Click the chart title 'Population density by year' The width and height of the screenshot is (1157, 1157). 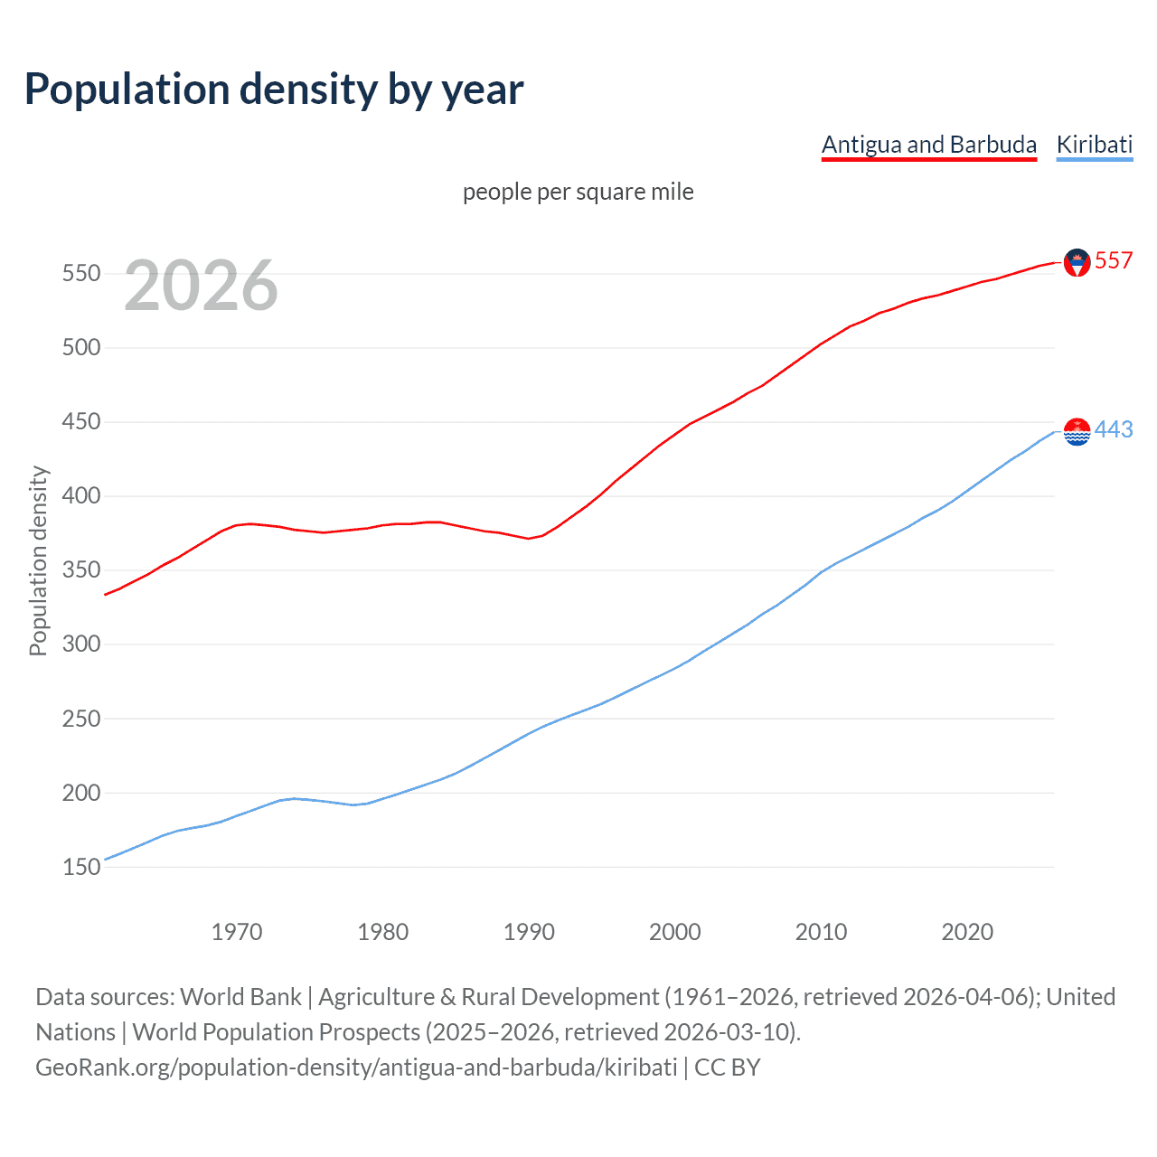274,89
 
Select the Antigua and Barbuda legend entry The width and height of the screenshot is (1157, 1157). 928,145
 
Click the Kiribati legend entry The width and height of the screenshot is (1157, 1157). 1094,145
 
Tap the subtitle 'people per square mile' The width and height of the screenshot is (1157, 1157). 578,192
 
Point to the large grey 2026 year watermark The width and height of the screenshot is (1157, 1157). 201,286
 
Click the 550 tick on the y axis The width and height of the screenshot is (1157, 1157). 81,273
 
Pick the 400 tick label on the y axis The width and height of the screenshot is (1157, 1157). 81,495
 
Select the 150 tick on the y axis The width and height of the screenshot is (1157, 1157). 81,867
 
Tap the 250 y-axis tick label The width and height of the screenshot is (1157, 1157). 81,719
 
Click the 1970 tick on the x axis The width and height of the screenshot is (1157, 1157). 237,932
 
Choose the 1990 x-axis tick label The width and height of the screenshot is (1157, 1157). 529,932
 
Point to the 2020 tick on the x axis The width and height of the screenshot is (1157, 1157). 967,932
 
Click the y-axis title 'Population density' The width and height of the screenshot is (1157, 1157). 38,560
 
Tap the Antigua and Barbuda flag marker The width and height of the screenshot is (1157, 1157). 1077,262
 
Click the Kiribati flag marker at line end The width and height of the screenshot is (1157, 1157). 1077,432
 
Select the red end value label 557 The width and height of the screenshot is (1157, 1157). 1114,260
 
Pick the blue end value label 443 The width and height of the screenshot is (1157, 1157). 1114,429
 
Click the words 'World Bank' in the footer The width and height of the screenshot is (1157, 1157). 240,996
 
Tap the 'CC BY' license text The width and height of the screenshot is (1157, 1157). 728,1067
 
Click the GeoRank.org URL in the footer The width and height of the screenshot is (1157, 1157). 356,1067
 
